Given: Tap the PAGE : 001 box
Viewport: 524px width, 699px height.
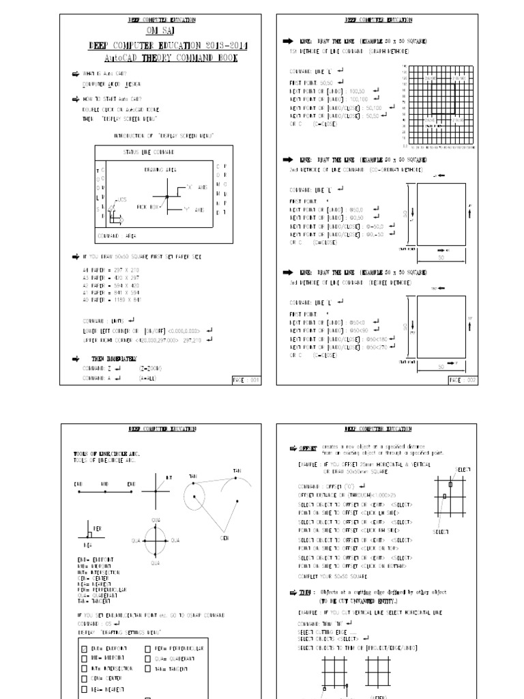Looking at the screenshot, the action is point(246,380).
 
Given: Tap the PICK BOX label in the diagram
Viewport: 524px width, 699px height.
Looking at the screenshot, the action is point(147,205).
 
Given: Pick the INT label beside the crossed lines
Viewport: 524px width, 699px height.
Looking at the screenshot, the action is point(170,476).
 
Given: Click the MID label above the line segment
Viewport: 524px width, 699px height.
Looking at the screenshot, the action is point(104,483).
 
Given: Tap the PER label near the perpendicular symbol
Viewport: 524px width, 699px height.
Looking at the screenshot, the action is point(97,529).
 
